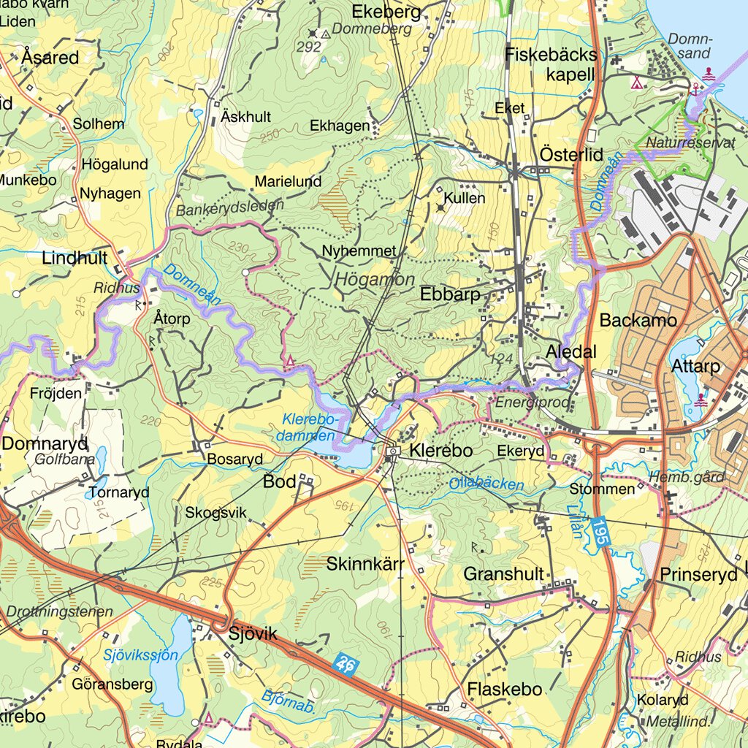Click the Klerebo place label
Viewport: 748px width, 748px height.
coord(440,451)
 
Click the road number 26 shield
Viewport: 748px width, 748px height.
coord(348,664)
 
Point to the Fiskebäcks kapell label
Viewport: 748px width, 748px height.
coord(551,64)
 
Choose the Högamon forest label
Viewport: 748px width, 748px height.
coord(375,280)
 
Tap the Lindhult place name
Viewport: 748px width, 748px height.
coord(75,258)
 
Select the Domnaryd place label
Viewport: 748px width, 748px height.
coord(45,443)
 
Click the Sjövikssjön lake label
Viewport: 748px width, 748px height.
coord(140,654)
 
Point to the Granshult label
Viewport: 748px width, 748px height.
coord(503,574)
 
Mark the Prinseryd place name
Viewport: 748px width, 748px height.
coord(698,575)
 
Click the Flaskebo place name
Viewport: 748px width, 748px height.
coord(505,689)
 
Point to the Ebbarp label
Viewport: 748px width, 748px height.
coord(450,294)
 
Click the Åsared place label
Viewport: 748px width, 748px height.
coord(50,57)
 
